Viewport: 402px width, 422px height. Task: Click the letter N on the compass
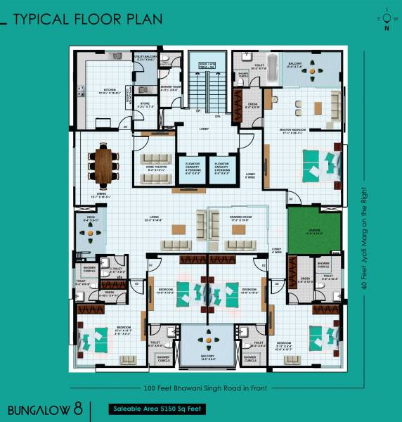[x=386, y=29]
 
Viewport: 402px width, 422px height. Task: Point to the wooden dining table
[x=104, y=163]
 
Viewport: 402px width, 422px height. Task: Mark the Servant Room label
[x=171, y=88]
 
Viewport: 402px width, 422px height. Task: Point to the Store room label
[x=145, y=105]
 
